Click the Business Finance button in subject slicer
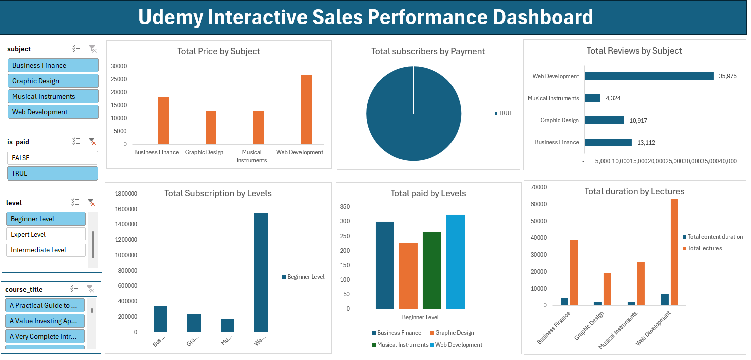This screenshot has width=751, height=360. click(53, 65)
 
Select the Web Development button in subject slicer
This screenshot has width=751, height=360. click(53, 112)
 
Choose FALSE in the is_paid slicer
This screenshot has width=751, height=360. click(53, 158)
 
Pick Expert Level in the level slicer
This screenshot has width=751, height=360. click(46, 234)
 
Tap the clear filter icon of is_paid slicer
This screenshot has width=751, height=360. click(92, 142)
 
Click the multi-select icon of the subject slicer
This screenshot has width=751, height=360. click(76, 49)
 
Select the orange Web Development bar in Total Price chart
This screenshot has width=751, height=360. click(306, 109)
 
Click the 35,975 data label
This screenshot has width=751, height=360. click(727, 76)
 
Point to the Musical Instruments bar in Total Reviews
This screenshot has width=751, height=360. click(592, 98)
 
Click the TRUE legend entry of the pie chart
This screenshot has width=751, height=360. click(505, 113)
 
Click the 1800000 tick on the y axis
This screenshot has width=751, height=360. click(126, 194)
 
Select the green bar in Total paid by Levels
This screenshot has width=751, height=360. click(432, 270)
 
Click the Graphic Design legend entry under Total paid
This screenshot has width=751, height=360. click(454, 333)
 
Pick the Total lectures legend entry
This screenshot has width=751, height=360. click(704, 248)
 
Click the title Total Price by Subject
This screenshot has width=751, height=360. click(218, 51)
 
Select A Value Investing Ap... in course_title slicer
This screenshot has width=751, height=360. click(45, 321)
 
